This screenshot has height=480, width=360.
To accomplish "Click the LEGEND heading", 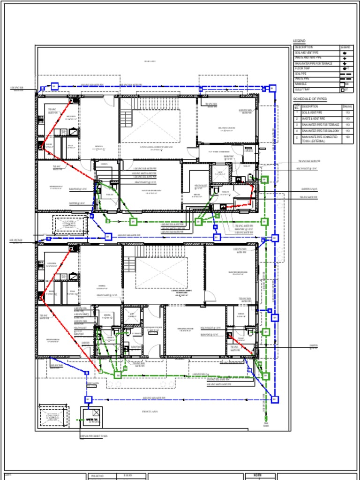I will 299,41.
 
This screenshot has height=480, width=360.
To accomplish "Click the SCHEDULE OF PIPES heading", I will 310,99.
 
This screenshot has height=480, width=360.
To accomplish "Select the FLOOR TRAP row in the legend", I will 316,68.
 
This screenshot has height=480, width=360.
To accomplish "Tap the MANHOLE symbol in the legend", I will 346,84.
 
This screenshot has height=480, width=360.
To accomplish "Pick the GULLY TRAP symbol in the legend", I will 343,90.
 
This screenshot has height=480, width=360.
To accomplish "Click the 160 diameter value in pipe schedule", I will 347,138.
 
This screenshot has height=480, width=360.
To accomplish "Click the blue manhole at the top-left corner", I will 54,86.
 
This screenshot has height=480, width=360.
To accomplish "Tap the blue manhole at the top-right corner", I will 272,88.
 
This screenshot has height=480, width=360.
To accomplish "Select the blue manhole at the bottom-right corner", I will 275,399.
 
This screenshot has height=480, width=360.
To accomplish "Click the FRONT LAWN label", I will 150,412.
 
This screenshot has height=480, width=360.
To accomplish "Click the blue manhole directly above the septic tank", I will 88,399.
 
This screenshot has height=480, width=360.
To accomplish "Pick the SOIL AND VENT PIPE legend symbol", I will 345,53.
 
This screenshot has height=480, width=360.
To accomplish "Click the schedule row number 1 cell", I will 296,113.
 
